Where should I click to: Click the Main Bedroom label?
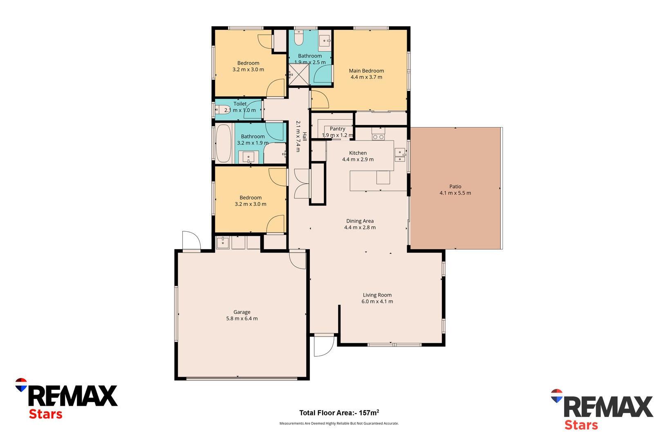(x=366, y=71)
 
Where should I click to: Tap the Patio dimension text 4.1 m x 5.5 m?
(x=455, y=193)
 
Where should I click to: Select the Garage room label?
(x=242, y=312)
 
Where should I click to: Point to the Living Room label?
(x=377, y=295)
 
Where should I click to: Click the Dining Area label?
(x=360, y=221)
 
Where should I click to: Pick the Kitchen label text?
(x=358, y=153)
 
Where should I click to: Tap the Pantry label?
(x=338, y=129)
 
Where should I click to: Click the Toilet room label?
(x=240, y=104)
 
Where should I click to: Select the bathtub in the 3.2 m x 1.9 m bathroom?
(x=223, y=143)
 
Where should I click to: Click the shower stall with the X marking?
(x=299, y=75)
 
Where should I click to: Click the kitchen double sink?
(x=400, y=155)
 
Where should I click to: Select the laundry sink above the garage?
(x=223, y=242)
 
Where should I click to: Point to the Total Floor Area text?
(x=339, y=413)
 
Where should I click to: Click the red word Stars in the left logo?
(x=45, y=414)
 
